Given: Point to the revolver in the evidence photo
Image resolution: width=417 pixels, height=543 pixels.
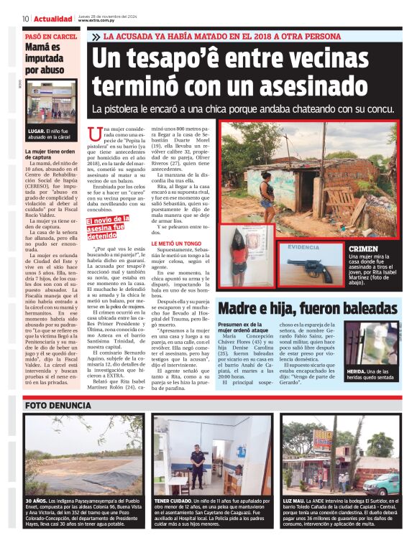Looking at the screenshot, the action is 314,269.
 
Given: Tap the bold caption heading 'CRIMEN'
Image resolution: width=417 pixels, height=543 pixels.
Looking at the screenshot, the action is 362,249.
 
